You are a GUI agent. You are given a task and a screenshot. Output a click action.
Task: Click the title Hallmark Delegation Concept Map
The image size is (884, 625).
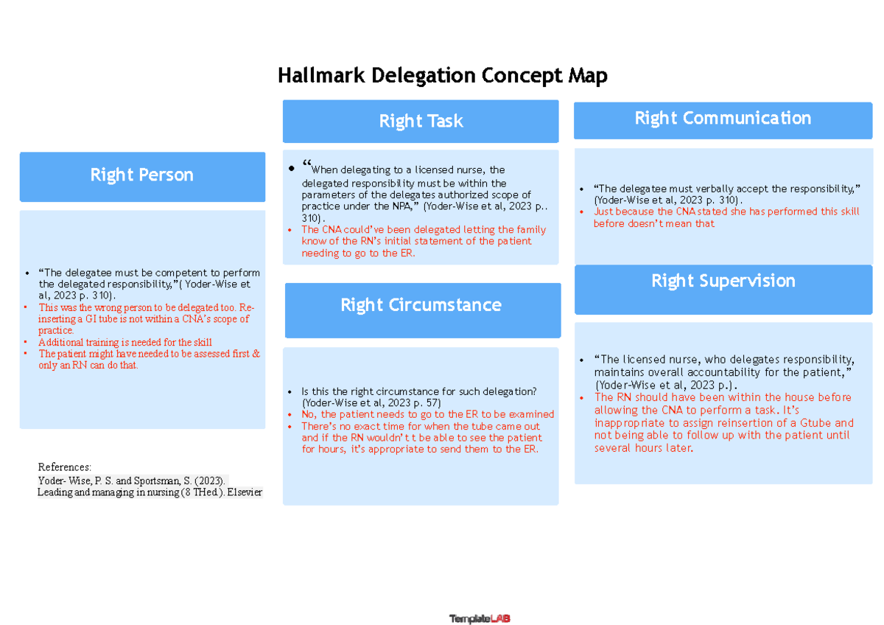442,76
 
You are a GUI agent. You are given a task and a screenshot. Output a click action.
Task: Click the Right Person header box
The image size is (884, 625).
142,175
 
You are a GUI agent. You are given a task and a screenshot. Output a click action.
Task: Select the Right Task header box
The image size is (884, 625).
421,122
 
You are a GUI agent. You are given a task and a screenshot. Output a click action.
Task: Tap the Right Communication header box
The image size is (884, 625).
723,119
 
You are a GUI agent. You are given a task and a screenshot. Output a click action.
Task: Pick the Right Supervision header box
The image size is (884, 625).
723,281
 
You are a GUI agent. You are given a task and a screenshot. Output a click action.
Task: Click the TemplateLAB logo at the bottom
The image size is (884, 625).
480,619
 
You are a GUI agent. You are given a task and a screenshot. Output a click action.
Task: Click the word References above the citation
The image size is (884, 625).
64,467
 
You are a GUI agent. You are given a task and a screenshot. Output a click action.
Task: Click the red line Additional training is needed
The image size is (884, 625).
125,342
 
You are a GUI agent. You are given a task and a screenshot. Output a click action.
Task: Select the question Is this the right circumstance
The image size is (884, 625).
418,391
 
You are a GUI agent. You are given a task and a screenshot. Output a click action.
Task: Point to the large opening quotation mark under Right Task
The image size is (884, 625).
307,166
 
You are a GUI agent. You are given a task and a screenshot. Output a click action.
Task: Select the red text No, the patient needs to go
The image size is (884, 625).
427,415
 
